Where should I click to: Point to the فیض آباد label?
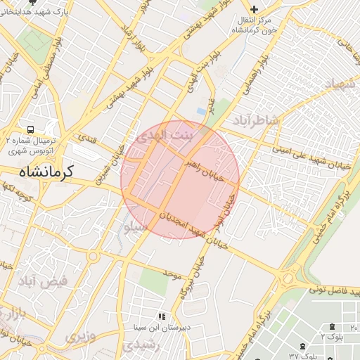[43, 282]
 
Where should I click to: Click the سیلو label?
[135, 227]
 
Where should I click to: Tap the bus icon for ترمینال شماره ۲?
[31, 130]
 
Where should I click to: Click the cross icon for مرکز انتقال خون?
[255, 8]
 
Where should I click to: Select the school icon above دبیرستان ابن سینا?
[162, 317]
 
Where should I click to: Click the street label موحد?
[172, 271]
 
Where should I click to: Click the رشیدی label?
[132, 347]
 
